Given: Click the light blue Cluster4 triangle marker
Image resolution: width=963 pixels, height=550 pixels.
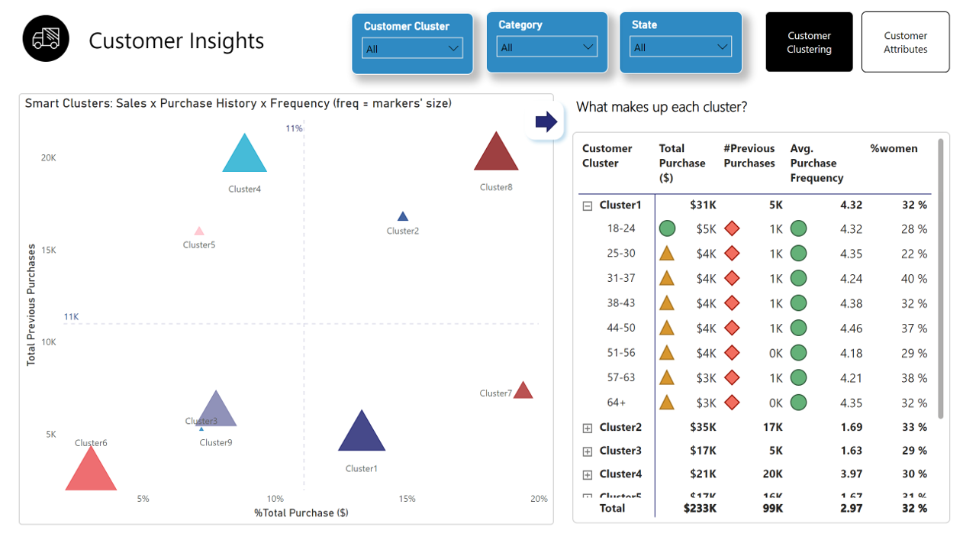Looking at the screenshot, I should [244, 157].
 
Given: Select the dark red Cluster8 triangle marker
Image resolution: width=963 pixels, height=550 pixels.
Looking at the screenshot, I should [496, 154].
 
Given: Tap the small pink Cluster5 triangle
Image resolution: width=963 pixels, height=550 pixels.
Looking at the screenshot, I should [199, 231].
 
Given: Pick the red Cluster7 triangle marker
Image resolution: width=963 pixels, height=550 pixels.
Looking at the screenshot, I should [523, 391].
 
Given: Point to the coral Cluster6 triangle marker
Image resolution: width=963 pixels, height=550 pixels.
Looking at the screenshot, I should [91, 471].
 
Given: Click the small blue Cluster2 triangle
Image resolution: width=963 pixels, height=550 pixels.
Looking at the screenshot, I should [403, 217].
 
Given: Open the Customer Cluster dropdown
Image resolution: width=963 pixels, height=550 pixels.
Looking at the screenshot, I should [412, 48].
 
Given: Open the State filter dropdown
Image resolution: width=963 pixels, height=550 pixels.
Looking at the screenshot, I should [681, 47].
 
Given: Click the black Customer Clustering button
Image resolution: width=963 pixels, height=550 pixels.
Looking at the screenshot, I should [809, 42].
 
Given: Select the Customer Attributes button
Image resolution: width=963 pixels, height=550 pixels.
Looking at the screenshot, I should [905, 42].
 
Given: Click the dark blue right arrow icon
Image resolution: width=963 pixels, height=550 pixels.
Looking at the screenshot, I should [546, 121].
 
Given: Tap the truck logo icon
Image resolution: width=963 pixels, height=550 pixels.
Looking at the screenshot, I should [46, 39].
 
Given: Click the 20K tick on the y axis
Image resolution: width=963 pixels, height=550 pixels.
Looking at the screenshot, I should [49, 158].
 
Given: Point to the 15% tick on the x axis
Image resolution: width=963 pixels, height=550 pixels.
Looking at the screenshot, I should [407, 499].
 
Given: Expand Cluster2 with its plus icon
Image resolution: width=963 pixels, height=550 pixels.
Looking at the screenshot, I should [588, 429].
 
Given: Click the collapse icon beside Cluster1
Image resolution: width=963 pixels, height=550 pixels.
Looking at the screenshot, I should [588, 205].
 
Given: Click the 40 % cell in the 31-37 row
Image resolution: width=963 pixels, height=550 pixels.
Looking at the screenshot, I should [913, 279].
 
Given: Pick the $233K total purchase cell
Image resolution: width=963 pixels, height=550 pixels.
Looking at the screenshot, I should [701, 508].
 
